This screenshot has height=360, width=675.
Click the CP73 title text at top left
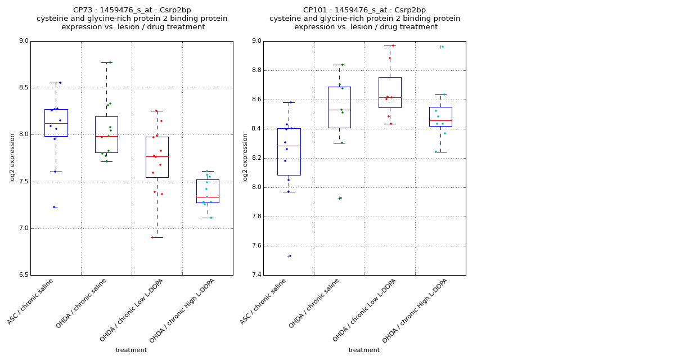[x=132, y=10]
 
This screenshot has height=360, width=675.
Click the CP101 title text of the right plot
[x=364, y=10]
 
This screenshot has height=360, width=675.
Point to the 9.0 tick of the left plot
[x=24, y=41]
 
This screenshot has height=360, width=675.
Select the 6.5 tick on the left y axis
[x=24, y=275]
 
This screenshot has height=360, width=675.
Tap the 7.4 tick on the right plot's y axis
[x=256, y=275]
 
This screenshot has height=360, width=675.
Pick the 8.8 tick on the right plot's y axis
[x=256, y=70]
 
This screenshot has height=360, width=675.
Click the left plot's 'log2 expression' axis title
[x=12, y=158]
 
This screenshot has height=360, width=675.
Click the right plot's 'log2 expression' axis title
[x=245, y=158]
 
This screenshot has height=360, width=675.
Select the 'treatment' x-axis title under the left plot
[x=131, y=350]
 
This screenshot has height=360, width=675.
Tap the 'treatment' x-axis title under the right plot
[x=364, y=350]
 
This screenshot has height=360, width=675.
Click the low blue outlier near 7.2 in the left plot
[x=54, y=207]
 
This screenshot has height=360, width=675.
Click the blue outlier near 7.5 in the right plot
[x=290, y=256]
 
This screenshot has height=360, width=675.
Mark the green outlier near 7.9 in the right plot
[x=340, y=198]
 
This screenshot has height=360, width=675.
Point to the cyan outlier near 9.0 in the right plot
[x=442, y=47]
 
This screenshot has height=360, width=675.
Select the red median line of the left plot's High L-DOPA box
[x=208, y=197]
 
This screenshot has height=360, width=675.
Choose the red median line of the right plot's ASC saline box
[x=289, y=146]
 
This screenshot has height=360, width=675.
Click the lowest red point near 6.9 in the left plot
[x=152, y=237]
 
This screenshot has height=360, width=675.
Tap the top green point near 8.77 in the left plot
[x=110, y=62]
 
